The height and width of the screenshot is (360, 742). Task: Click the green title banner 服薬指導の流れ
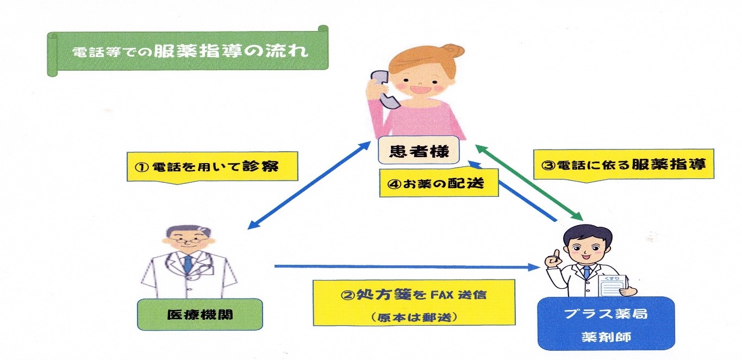[x=188, y=51]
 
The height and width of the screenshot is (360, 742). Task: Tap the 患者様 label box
[x=419, y=150]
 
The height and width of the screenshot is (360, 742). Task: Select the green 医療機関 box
[x=200, y=314]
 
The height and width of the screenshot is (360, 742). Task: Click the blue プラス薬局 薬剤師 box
[x=606, y=323]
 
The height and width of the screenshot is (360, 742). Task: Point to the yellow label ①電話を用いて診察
[x=213, y=166]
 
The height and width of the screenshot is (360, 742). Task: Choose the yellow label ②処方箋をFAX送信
[x=414, y=303]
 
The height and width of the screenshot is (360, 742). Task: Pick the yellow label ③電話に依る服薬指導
[x=623, y=165]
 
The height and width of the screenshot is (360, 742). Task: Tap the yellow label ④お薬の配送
[x=439, y=183]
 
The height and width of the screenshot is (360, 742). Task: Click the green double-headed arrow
[x=529, y=183]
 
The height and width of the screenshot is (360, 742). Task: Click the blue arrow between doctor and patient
[x=309, y=185]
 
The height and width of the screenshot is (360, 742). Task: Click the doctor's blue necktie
[x=188, y=264]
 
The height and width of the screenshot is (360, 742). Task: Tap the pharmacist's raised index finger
[x=557, y=255]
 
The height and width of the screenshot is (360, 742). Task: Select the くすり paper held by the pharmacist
[x=614, y=285]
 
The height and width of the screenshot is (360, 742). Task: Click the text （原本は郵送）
[x=414, y=317]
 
